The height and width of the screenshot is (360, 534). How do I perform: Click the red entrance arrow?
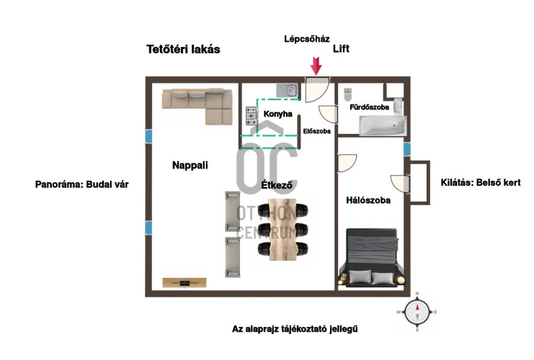[x=316, y=66]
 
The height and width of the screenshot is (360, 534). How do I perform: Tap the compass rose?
[x=417, y=312]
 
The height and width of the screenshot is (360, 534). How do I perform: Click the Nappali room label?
[x=190, y=165]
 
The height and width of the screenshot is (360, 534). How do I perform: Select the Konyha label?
[x=277, y=114]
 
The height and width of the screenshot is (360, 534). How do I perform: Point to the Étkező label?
[x=277, y=185]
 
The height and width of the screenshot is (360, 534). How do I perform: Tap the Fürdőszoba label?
[x=369, y=107]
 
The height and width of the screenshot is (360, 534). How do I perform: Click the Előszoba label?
[x=317, y=132]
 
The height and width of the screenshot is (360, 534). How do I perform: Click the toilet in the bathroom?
[x=348, y=94]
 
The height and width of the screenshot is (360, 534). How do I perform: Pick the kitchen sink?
[x=288, y=90]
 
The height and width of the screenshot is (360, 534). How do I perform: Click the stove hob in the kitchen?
[x=251, y=114]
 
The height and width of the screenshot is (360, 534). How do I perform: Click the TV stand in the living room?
[x=184, y=281]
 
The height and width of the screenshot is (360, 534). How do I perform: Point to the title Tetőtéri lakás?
[x=183, y=50]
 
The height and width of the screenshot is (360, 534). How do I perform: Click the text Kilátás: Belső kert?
[x=480, y=183]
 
